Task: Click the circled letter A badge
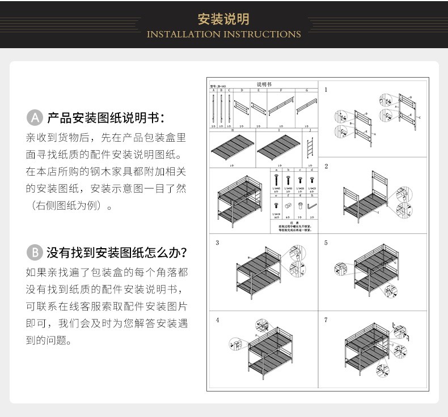pyautogui.click(x=35, y=118)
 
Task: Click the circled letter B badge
pyautogui.click(x=35, y=252)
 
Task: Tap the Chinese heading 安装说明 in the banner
pyautogui.click(x=223, y=19)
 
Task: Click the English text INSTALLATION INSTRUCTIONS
pyautogui.click(x=223, y=35)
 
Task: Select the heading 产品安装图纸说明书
pyautogui.click(x=105, y=118)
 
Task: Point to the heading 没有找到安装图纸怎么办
pyautogui.click(x=117, y=252)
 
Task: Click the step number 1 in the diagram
pyautogui.click(x=326, y=90)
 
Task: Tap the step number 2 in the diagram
pyautogui.click(x=326, y=166)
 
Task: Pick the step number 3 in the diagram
pyautogui.click(x=217, y=243)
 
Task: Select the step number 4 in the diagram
pyautogui.click(x=217, y=320)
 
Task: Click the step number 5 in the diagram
pyautogui.click(x=326, y=243)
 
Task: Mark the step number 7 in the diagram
pyautogui.click(x=326, y=320)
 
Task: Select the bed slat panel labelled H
pyautogui.click(x=233, y=146)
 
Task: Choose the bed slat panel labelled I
pyautogui.click(x=279, y=146)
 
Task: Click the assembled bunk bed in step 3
pyautogui.click(x=258, y=272)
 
